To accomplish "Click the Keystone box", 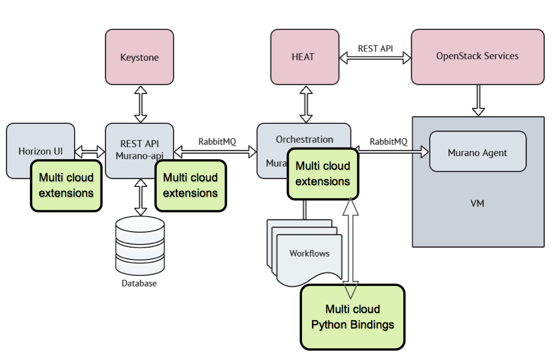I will [x=139, y=57].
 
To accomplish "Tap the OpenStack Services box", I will [x=477, y=56].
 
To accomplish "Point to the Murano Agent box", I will [x=477, y=153].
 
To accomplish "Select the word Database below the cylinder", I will [x=139, y=284].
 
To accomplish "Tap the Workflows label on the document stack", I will [x=309, y=253].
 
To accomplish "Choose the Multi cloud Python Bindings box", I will [x=352, y=317].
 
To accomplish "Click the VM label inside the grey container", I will [x=477, y=204].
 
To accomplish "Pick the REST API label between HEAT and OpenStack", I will [x=375, y=49].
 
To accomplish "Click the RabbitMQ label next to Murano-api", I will [x=217, y=142].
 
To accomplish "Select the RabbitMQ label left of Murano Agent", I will [x=388, y=142].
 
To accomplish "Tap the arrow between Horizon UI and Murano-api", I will [x=90, y=151].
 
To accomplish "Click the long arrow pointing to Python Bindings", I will [x=351, y=243].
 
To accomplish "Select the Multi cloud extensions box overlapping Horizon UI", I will [x=66, y=185].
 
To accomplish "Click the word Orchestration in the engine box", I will [x=304, y=139].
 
